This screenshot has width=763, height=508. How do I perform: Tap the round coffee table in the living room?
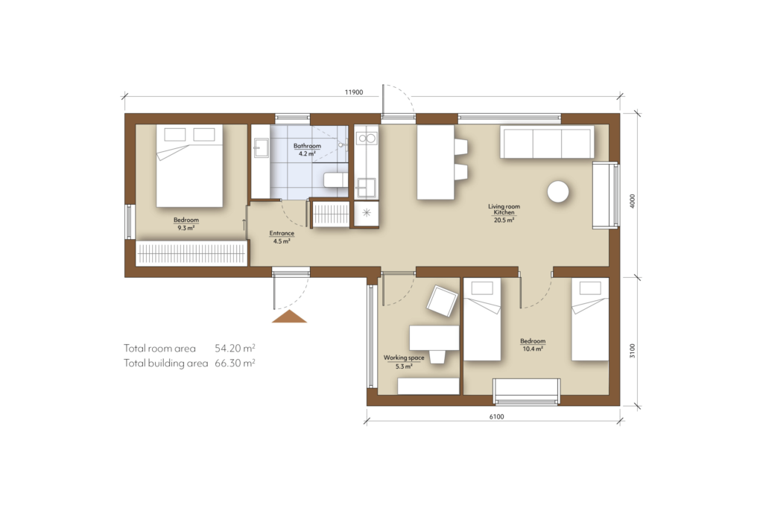coord(558,192)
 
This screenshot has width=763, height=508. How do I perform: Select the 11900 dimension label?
coord(353,92)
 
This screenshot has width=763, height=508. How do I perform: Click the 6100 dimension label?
coord(497,416)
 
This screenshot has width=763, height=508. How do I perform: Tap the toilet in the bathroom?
coord(335,180)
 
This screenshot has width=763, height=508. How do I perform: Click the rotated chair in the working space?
coord(441,302)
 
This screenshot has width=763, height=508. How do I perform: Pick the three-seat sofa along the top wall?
coord(548,142)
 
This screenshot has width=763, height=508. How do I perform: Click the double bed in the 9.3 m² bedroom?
coord(189,166)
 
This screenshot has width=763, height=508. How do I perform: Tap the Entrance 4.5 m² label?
coord(281,237)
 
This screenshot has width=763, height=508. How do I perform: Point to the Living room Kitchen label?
coord(504,213)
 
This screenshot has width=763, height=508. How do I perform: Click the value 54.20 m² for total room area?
coord(235,348)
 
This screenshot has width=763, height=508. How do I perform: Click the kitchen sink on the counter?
coord(366,138)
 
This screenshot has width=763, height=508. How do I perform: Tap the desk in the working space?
coord(434,337)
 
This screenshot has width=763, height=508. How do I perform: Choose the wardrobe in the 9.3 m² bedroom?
coord(191,253)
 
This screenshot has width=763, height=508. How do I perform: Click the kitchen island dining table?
coord(435,162)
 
